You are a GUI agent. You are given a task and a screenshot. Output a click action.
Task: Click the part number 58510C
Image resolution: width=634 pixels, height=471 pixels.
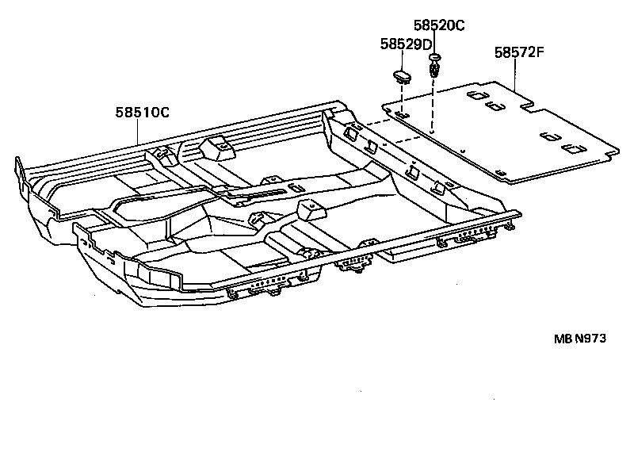pos(143,113)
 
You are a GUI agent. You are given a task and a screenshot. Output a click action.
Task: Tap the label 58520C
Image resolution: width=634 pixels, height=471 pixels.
pos(438,25)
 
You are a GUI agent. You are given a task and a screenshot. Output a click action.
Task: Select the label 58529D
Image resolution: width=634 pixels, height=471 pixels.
pos(404,44)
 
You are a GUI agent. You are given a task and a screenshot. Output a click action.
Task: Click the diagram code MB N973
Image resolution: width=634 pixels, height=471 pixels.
pos(579,337)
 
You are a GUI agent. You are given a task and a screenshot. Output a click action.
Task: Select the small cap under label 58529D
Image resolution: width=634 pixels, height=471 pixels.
pos(403,77)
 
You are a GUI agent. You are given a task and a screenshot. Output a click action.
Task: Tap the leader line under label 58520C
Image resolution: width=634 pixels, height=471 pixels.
pos(434,44)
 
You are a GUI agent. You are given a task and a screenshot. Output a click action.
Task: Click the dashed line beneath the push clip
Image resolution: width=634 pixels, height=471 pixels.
pos(433,103)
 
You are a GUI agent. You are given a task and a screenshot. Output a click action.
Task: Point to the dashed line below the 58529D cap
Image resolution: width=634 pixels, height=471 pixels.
pos(403,99)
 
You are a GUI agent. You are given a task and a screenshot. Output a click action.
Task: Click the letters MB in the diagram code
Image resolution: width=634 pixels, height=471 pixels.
pos(562,337)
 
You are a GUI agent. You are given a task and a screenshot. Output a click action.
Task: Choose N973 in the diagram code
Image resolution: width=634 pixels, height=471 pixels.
pos(590,337)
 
